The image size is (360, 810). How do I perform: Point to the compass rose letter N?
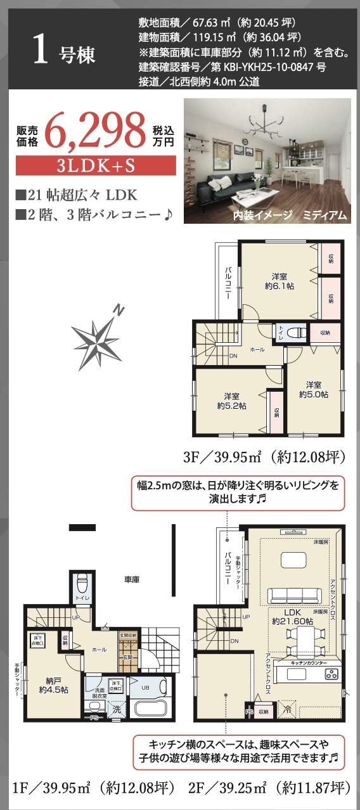119,310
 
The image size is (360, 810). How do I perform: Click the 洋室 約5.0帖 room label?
314,389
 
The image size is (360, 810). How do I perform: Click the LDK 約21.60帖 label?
292,617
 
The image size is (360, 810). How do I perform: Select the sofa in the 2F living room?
295,595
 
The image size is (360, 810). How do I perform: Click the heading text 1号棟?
63,53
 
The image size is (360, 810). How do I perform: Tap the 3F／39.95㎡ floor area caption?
263,457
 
